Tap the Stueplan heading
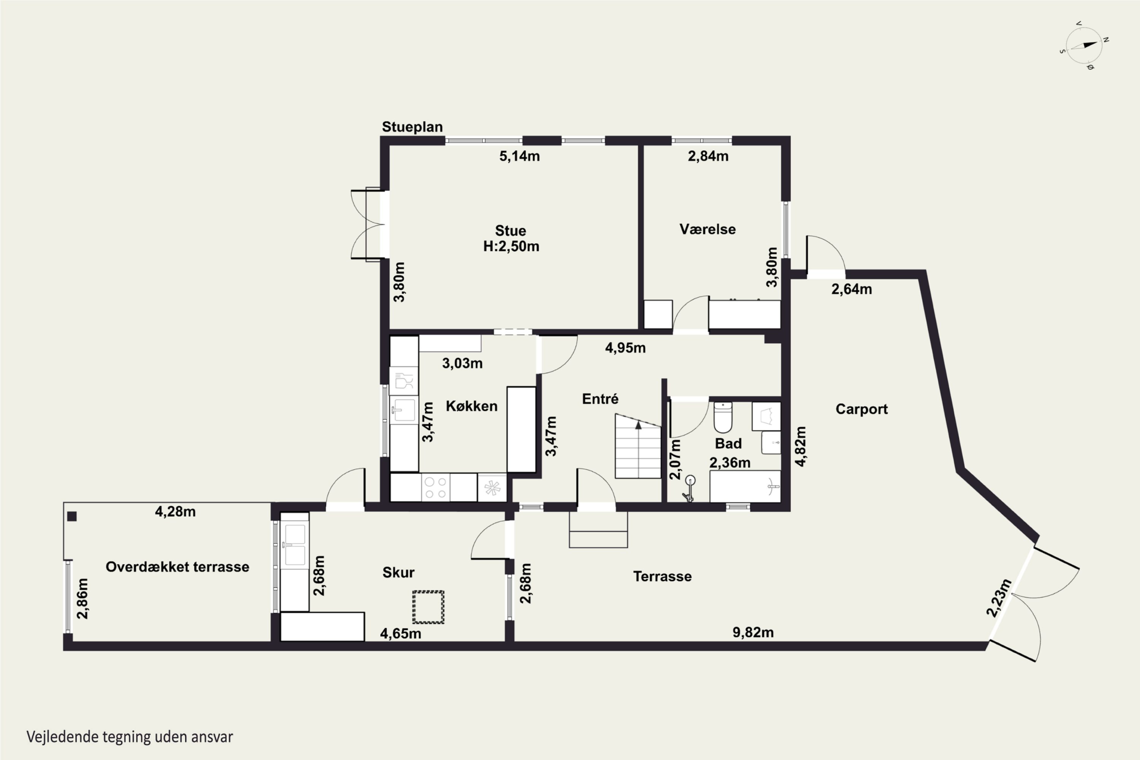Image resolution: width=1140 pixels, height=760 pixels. (412, 127)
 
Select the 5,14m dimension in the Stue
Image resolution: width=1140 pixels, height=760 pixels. (519, 156)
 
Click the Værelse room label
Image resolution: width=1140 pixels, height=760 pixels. (707, 229)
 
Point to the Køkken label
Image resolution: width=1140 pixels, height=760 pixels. (472, 406)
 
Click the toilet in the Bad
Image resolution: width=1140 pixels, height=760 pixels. (723, 417)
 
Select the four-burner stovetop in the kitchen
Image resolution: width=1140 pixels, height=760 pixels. (435, 488)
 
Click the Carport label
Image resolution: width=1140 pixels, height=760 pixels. (861, 409)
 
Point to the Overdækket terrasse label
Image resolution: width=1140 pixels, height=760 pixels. (177, 567)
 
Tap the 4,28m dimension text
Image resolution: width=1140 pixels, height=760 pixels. (175, 511)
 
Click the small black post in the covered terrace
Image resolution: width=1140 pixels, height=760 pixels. (72, 516)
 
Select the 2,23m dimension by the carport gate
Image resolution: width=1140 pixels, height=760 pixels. (999, 598)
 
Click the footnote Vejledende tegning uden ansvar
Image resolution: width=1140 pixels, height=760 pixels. (130, 737)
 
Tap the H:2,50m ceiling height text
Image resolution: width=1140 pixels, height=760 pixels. (511, 246)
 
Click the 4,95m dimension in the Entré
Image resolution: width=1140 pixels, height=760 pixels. (625, 348)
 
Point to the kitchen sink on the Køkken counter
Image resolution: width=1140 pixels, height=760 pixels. (404, 410)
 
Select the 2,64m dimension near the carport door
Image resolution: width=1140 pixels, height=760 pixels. (852, 289)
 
